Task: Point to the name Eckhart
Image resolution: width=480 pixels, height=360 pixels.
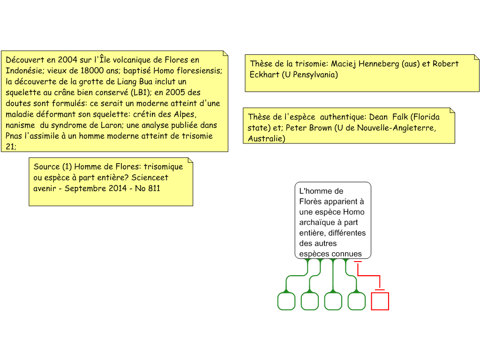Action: pos(264,75)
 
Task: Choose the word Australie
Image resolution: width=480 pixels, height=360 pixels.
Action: pos(266,139)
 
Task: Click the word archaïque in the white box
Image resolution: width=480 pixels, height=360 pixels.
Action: pos(318,223)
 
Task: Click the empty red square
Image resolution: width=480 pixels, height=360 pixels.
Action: pos(380,301)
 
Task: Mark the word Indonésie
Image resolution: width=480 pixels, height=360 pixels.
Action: pos(24,71)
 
